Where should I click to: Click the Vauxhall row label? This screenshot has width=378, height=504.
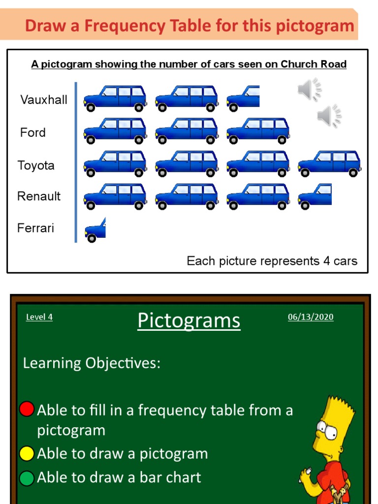tap(44, 100)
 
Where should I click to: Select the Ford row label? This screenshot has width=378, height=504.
tap(33, 132)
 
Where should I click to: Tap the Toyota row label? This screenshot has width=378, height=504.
tap(36, 165)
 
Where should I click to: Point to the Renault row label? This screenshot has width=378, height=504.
tap(39, 196)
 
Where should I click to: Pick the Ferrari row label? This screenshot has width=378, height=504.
tap(35, 228)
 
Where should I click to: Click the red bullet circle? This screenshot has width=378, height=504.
tap(27, 409)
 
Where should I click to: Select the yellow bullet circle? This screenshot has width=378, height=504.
tap(27, 453)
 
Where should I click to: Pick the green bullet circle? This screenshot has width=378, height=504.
tap(27, 477)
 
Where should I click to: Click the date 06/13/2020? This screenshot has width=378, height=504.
tap(311, 317)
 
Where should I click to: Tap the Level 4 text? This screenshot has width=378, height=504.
tap(39, 317)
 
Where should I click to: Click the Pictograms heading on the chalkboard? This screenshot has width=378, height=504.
tap(189, 320)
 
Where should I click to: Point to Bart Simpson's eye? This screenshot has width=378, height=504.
tap(329, 433)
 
